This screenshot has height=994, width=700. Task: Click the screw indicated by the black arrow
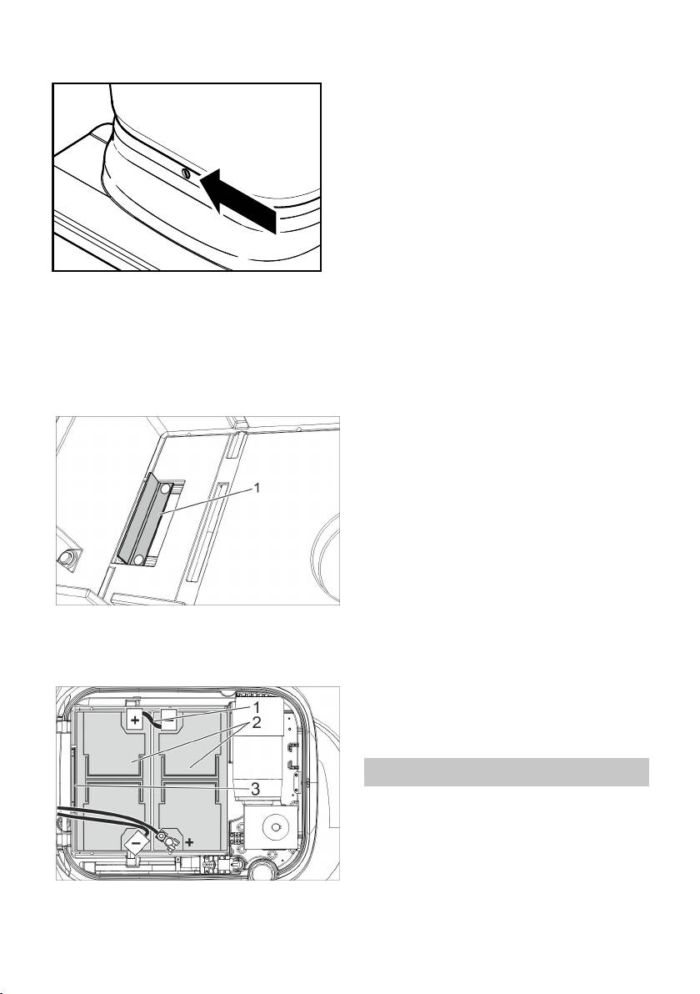pos(185,173)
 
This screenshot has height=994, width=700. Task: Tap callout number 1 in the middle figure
pos(257,488)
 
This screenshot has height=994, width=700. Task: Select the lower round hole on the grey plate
pos(138,559)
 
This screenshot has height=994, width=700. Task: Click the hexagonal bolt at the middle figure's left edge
pos(65,557)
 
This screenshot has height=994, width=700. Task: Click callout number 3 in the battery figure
pos(255,790)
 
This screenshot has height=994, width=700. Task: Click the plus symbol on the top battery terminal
pos(136,720)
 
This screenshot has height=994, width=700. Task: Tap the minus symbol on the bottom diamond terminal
pos(137,842)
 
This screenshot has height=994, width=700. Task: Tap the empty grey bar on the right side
pos(506,772)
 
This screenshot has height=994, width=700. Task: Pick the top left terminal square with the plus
pos(136,720)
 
